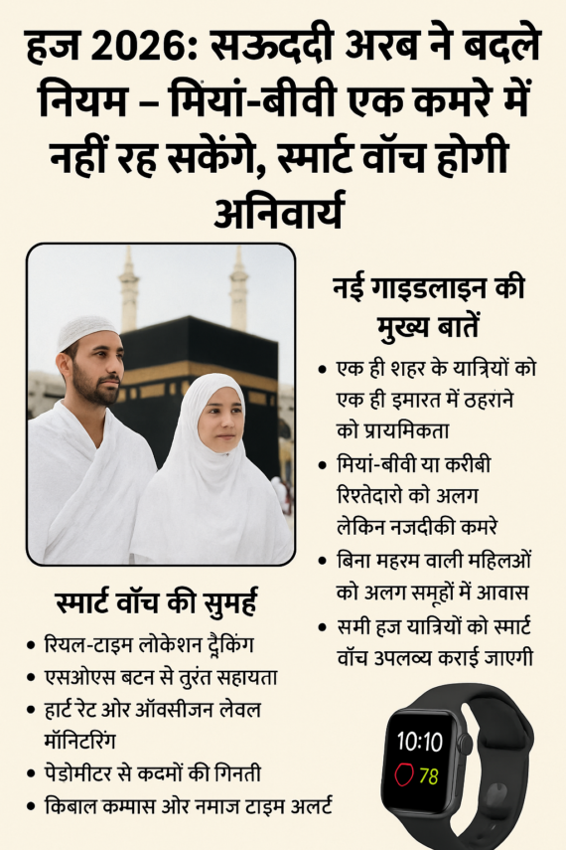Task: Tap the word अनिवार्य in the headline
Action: (282, 210)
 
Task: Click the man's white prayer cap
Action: (86, 331)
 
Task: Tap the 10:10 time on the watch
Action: (420, 741)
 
